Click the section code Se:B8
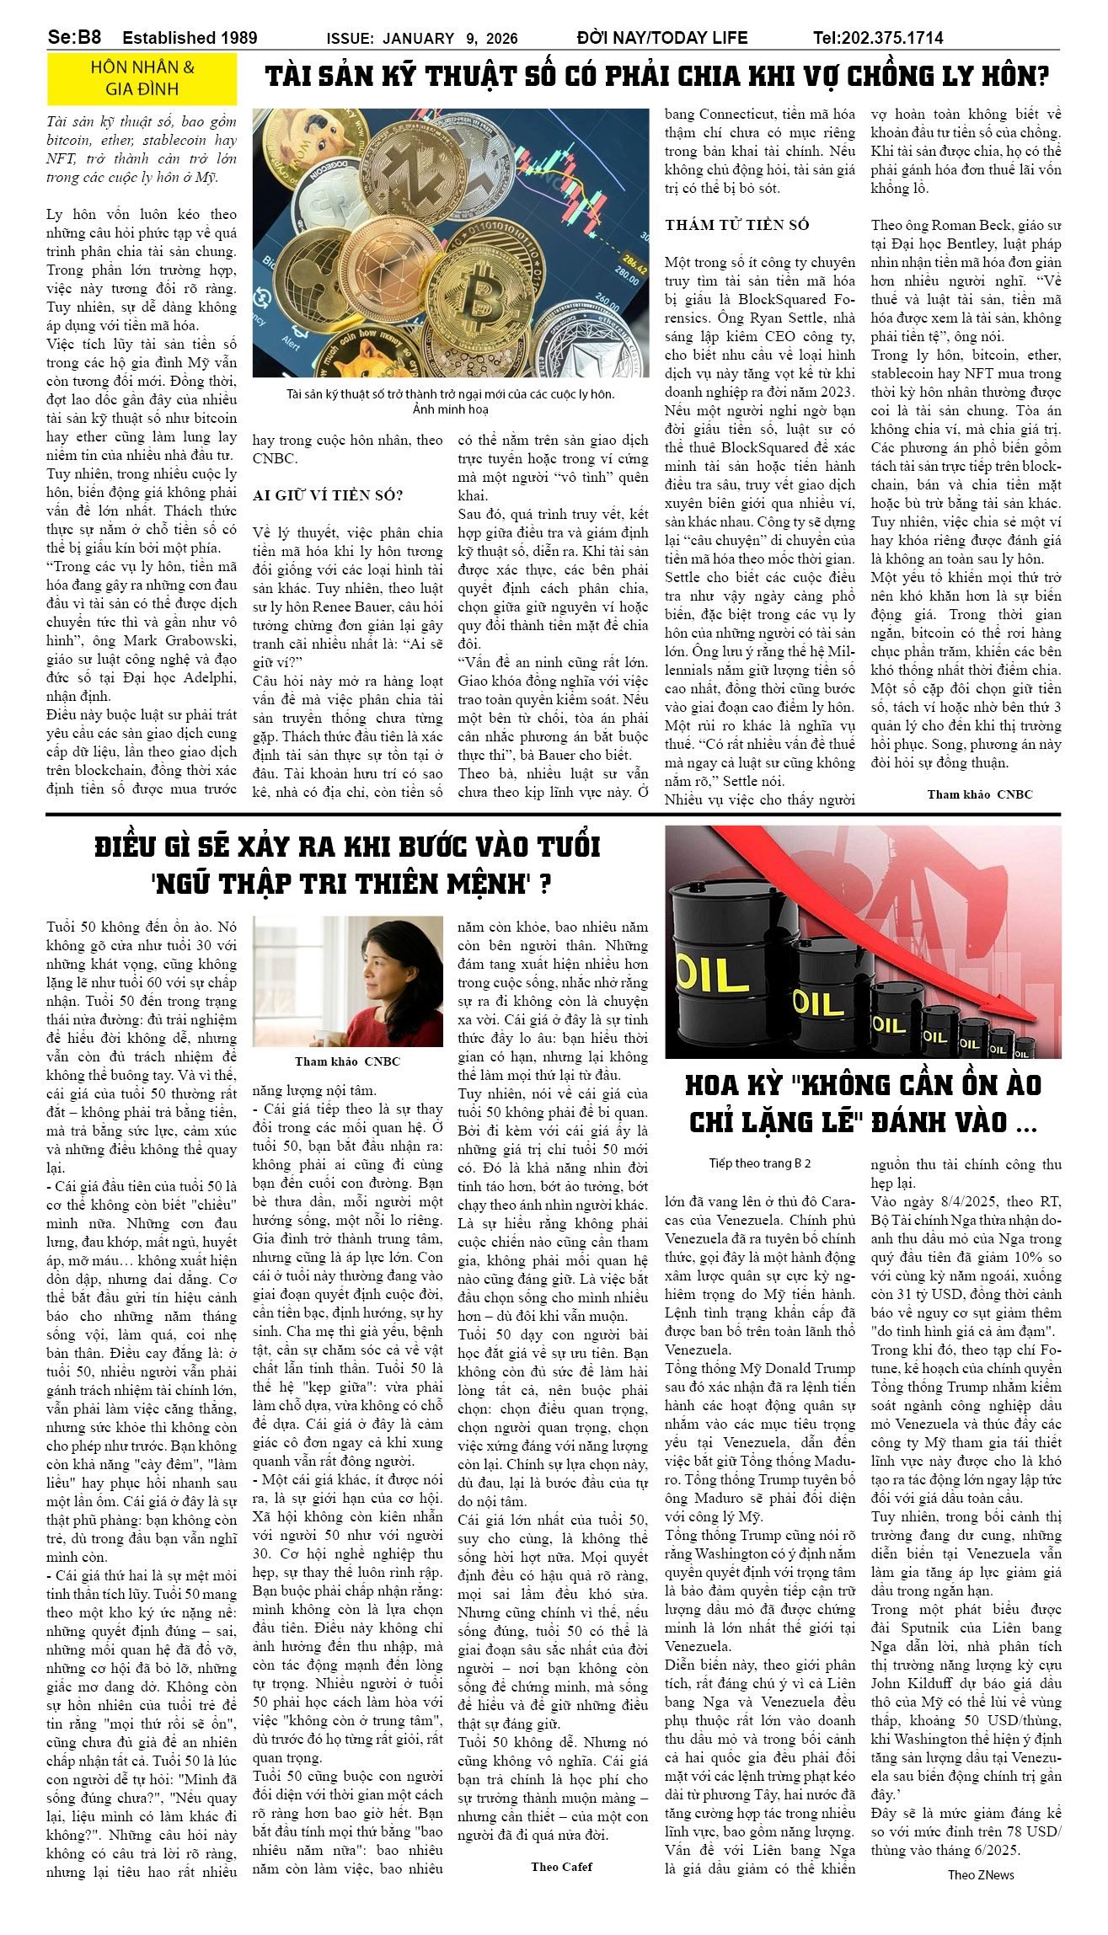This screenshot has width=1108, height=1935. pyautogui.click(x=74, y=37)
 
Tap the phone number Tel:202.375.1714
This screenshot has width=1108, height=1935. pyautogui.click(x=878, y=38)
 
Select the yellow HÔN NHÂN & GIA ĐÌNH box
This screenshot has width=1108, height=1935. pyautogui.click(x=142, y=78)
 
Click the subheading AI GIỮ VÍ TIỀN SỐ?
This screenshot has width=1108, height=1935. pyautogui.click(x=328, y=495)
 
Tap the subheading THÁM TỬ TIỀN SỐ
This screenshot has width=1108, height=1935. pyautogui.click(x=736, y=225)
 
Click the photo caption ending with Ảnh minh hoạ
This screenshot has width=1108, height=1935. pyautogui.click(x=450, y=402)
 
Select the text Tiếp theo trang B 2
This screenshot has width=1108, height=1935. pyautogui.click(x=759, y=1163)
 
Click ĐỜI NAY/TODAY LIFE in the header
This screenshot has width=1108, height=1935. pyautogui.click(x=662, y=38)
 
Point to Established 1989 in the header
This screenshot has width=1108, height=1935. pyautogui.click(x=190, y=38)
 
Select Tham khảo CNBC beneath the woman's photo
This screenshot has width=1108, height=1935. pyautogui.click(x=347, y=1061)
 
